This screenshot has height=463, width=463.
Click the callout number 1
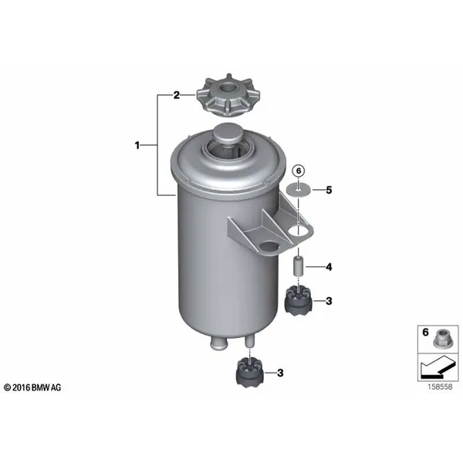[x=137, y=145]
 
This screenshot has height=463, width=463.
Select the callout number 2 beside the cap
[x=176, y=96]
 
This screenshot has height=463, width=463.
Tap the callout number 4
[x=329, y=267]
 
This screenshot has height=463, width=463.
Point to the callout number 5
[x=329, y=190]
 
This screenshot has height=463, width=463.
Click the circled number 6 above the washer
[x=298, y=171]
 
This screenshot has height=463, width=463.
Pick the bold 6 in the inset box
[x=425, y=332]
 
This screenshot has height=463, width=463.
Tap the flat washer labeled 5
[x=298, y=191]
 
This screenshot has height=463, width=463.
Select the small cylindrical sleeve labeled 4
[x=298, y=267]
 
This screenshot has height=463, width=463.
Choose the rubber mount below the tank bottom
[x=250, y=373]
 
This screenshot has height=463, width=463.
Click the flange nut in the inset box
[x=441, y=339]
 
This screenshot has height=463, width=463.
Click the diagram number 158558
[x=440, y=387]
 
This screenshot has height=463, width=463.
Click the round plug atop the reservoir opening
[x=228, y=133]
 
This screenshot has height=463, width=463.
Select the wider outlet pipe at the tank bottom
[x=218, y=343]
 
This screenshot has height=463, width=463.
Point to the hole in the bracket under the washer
[x=299, y=229]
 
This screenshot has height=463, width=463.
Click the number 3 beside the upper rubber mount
[x=329, y=301]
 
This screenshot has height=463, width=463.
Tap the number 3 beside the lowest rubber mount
[x=280, y=373]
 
